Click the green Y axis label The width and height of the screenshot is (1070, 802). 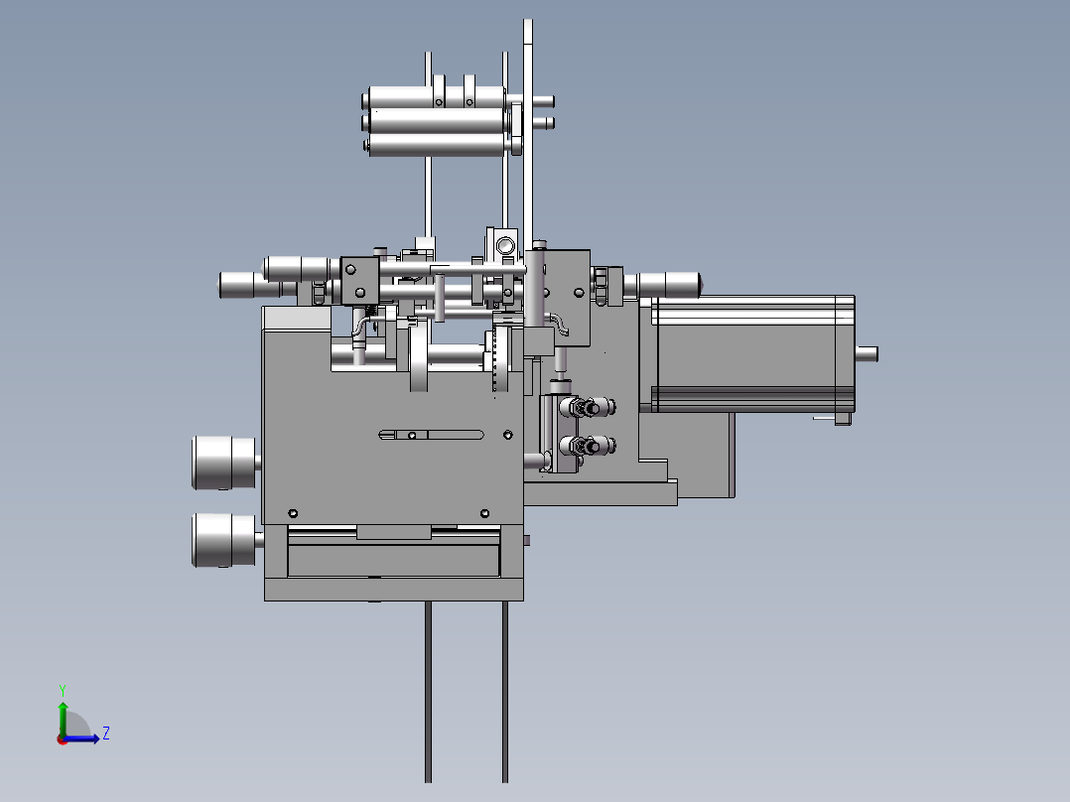[62, 688]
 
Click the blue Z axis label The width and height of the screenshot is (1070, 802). [105, 734]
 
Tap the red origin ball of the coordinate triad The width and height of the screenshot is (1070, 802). [62, 738]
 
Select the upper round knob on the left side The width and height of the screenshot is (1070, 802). [224, 463]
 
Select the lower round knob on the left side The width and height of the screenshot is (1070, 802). [224, 540]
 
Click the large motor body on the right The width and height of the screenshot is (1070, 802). [751, 353]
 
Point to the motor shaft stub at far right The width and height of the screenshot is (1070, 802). [867, 352]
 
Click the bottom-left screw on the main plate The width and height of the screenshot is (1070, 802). [293, 513]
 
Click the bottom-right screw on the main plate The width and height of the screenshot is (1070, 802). [483, 513]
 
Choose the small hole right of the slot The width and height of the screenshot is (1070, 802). [508, 435]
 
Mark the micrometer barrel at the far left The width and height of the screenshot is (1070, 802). [243, 285]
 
